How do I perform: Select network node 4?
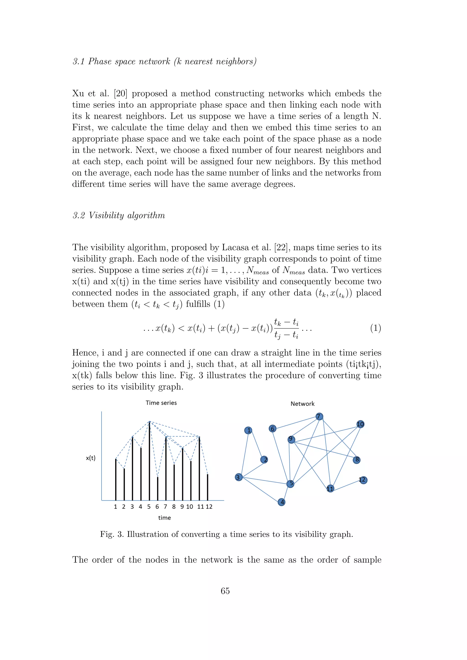coord(282,502)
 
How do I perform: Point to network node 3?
coord(238,477)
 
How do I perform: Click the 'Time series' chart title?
coord(161,403)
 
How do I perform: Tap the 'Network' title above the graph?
coord(303,404)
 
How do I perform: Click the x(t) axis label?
coord(91,458)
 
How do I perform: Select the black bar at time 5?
coord(149,460)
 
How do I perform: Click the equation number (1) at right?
coord(375,328)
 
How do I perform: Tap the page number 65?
coord(225,591)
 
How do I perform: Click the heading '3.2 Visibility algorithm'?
coord(119,215)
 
